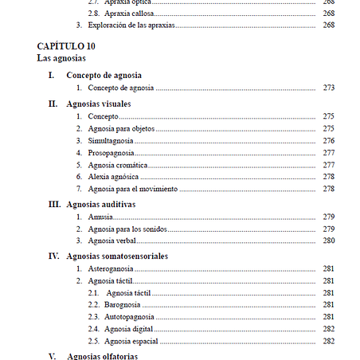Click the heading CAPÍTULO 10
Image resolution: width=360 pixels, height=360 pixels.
click(x=66, y=46)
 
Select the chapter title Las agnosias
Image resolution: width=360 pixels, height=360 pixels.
click(x=61, y=59)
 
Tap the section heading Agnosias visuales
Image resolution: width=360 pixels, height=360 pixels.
click(x=99, y=104)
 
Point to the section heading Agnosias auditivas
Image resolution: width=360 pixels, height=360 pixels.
click(x=101, y=204)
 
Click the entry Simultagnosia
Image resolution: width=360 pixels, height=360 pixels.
click(x=111, y=140)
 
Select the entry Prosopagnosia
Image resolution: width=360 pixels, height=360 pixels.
click(x=111, y=152)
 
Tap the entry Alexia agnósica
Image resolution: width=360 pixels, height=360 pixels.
click(x=114, y=176)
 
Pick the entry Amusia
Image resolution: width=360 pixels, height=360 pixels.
click(x=101, y=217)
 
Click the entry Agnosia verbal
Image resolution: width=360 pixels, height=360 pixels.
click(x=112, y=241)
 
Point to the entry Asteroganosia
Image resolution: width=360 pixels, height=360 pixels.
click(x=112, y=269)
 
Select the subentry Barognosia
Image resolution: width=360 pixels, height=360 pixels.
click(x=124, y=305)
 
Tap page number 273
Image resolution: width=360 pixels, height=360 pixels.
click(x=328, y=88)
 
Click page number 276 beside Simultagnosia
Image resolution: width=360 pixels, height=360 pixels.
click(x=328, y=140)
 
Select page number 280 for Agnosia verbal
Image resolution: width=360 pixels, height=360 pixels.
click(x=328, y=241)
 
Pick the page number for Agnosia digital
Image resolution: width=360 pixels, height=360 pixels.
click(x=328, y=329)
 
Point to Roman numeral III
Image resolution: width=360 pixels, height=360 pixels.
click(x=55, y=204)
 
